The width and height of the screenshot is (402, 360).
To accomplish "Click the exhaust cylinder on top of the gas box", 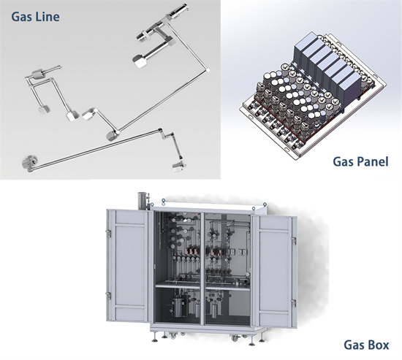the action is [x=142, y=201].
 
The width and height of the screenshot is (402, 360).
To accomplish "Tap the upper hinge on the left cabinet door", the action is [x=109, y=234].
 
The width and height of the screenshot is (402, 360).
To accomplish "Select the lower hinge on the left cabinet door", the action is [x=108, y=296].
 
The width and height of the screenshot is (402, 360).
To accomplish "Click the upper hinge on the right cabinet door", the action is [x=294, y=241].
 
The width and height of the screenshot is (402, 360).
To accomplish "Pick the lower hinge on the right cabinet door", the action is [x=294, y=303].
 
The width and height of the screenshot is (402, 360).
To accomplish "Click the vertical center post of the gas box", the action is [x=202, y=268].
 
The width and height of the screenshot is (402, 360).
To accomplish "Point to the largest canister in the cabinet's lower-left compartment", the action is [x=177, y=307].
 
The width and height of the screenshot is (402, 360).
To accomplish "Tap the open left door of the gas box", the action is [x=128, y=265].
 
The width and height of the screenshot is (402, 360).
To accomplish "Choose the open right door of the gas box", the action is [x=275, y=272].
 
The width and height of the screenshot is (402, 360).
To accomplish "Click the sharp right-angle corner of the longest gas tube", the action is [x=207, y=70].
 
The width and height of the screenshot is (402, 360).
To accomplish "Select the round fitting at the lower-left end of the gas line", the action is [x=29, y=162].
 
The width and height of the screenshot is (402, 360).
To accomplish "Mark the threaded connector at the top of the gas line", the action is [x=180, y=11].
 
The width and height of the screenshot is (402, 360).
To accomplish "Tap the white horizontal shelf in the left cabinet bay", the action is [x=178, y=286].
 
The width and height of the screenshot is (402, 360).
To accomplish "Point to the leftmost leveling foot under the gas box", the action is [x=154, y=337].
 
